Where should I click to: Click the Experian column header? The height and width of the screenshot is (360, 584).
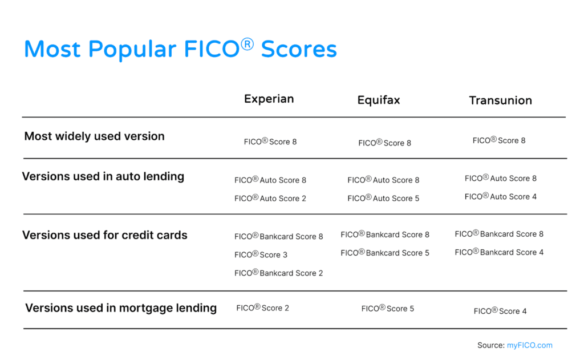click(x=269, y=99)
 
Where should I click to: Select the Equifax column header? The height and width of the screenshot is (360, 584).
click(x=379, y=100)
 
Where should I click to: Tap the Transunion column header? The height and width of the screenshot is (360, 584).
click(x=500, y=100)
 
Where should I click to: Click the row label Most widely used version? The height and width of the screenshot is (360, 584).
click(x=94, y=136)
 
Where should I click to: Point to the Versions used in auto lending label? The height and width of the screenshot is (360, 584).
click(x=103, y=176)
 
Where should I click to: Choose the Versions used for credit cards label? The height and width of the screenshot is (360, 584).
click(x=105, y=235)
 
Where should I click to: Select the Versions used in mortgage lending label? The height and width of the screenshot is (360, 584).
click(x=121, y=308)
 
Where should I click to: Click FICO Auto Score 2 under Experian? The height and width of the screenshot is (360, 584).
click(x=270, y=199)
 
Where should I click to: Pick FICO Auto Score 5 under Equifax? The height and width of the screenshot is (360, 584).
click(x=383, y=199)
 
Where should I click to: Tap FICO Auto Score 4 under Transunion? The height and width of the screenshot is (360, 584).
click(x=501, y=197)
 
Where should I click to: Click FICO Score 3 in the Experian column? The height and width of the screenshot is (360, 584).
click(x=261, y=255)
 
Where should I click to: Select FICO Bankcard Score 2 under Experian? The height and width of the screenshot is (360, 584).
click(x=279, y=273)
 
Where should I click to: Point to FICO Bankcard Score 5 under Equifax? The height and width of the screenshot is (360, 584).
click(x=385, y=253)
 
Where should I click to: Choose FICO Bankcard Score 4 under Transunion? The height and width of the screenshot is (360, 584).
click(x=499, y=252)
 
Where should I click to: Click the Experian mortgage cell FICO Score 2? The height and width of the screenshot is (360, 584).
click(x=263, y=308)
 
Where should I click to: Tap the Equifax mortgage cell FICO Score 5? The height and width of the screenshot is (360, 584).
click(x=388, y=309)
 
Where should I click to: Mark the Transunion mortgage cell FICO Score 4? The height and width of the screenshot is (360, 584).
click(x=500, y=311)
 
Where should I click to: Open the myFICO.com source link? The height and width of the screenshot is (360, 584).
click(x=529, y=345)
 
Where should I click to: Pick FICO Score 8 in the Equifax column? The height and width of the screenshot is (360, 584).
click(x=385, y=143)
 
